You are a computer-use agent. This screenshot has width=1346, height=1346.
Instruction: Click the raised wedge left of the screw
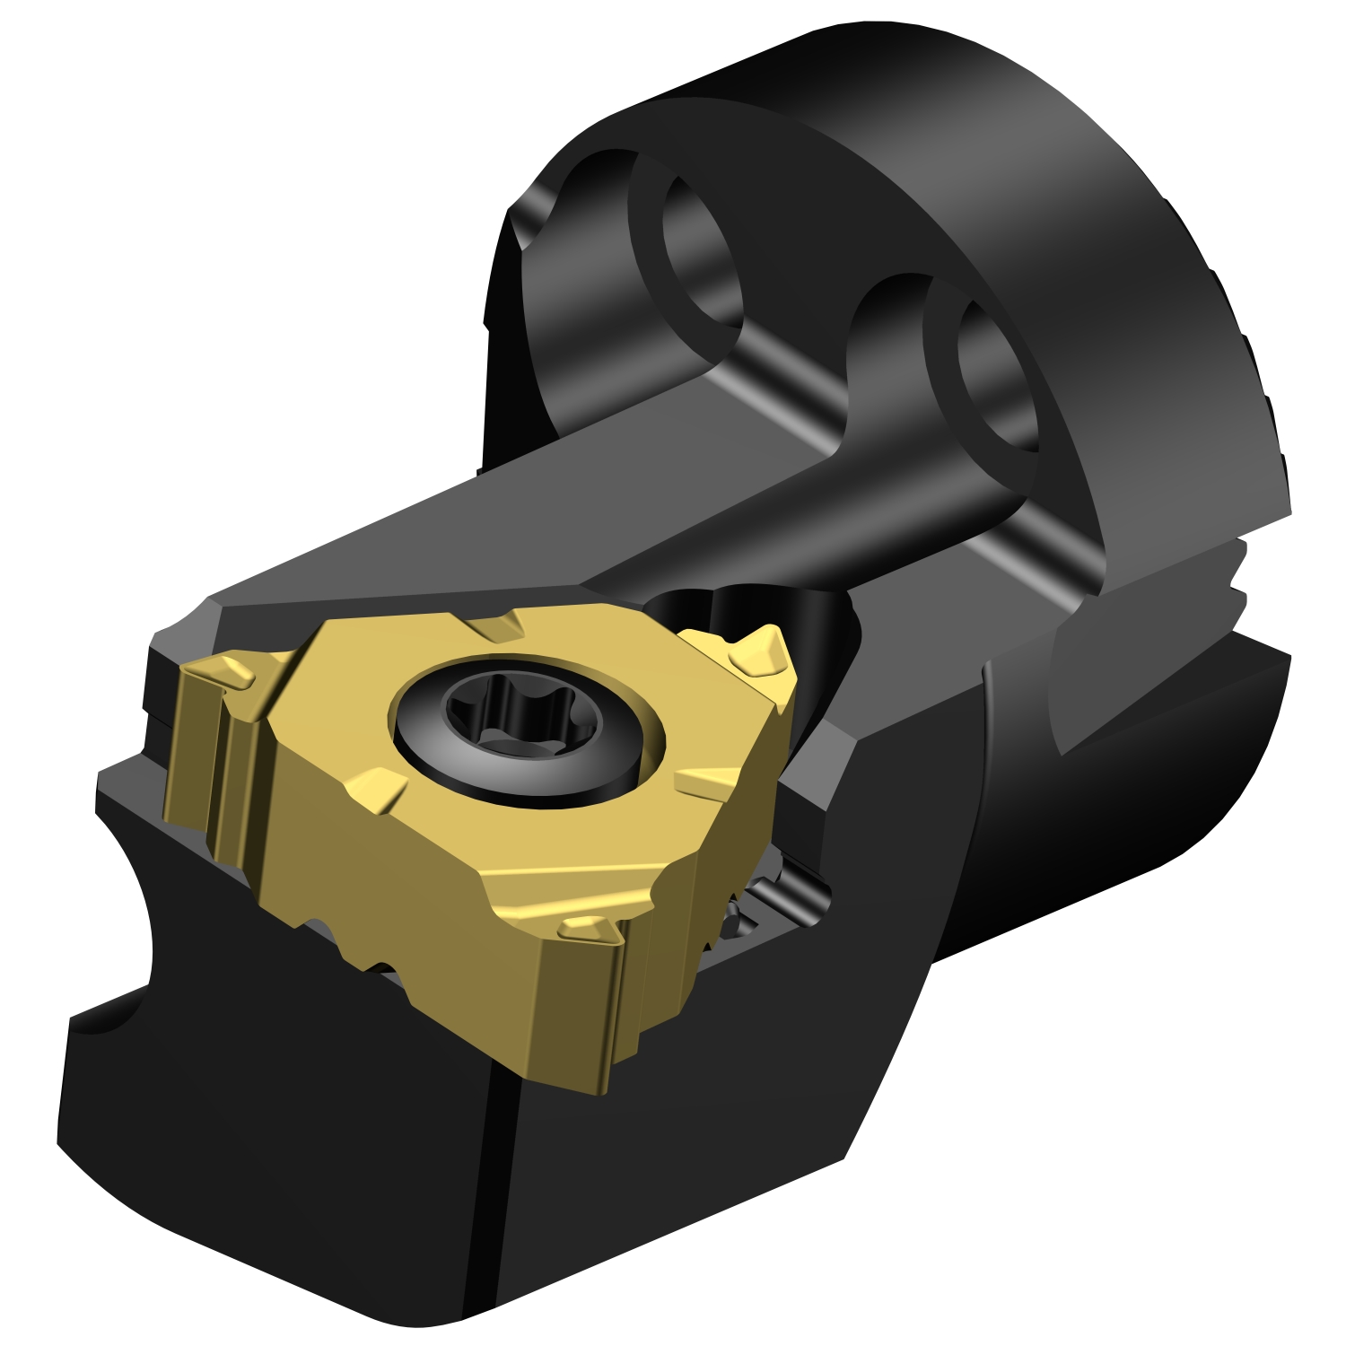372,790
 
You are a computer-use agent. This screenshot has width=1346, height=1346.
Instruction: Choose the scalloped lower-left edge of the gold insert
359,951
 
